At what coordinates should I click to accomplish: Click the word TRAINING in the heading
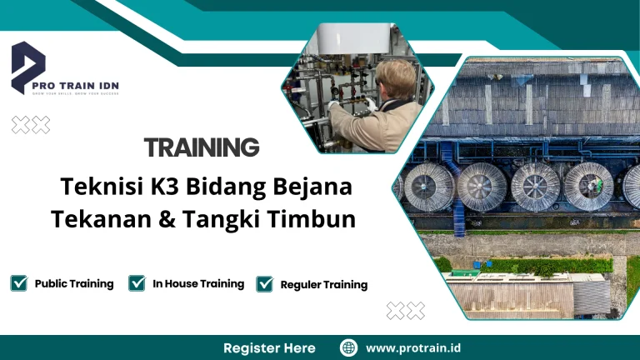tap(202, 147)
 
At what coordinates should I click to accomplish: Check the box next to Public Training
tap(19, 283)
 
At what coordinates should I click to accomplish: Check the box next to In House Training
tap(137, 283)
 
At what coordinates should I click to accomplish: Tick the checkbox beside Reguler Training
tap(265, 284)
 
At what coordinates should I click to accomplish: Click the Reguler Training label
tap(324, 285)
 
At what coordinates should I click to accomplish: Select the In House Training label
tap(198, 283)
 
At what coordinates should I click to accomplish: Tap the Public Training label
tap(74, 283)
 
